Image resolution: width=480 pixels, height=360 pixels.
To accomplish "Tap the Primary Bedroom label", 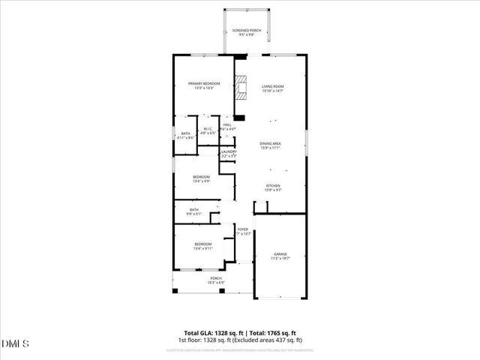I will point(204,85).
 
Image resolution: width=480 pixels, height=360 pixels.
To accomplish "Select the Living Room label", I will point(273,88).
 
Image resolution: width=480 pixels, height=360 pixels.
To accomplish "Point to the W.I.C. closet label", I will point(208,130).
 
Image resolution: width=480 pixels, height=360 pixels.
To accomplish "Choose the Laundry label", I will point(229,154).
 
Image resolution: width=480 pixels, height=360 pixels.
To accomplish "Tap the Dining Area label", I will point(271,145).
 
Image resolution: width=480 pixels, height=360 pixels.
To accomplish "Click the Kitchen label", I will point(273,187).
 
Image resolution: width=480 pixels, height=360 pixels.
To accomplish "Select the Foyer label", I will point(243,232).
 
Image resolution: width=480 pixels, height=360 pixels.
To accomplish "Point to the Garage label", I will point(280,256).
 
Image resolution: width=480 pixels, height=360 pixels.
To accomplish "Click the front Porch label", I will point(216,280).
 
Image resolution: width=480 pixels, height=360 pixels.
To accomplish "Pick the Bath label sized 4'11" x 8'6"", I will point(185,136).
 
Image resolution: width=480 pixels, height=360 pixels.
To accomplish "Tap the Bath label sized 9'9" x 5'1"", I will point(194,211).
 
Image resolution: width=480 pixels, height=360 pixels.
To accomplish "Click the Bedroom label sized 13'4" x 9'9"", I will point(201,178).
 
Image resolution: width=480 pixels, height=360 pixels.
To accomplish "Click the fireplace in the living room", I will point(241,88).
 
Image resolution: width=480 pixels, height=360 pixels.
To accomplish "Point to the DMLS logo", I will point(16,343).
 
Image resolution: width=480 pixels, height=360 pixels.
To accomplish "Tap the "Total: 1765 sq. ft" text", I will point(272,332).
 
